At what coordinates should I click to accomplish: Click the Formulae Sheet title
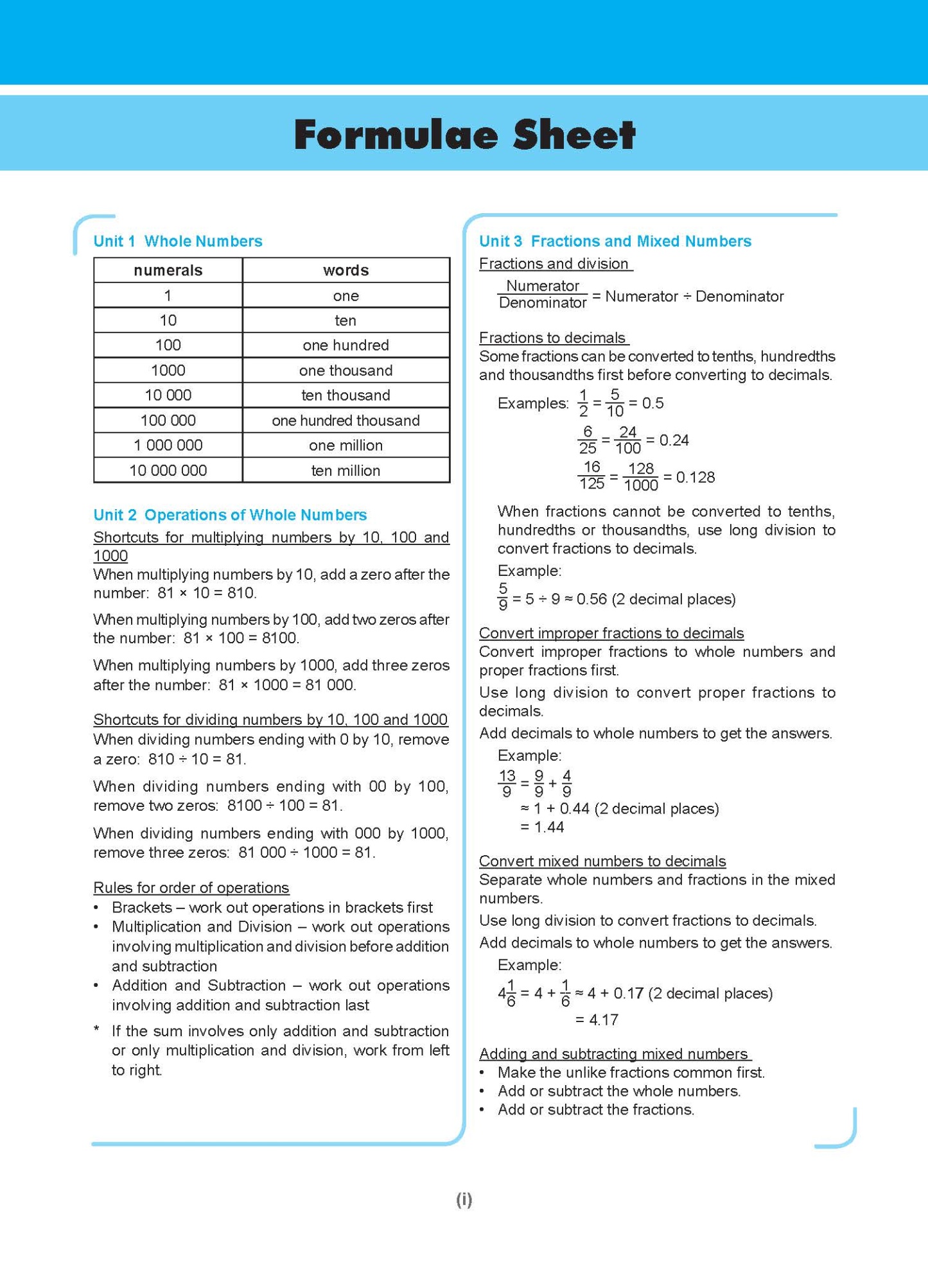(464, 134)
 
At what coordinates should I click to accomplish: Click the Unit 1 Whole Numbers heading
(178, 241)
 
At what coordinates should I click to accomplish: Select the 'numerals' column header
(168, 270)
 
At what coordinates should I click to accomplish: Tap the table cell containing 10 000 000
(168, 471)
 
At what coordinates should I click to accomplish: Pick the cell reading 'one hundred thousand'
(346, 421)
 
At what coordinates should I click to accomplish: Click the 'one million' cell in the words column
(346, 446)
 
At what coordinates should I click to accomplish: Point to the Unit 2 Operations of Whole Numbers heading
(230, 515)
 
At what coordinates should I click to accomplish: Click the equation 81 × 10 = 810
(207, 593)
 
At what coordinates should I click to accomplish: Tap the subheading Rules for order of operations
(191, 888)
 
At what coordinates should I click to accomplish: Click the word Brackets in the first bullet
(142, 908)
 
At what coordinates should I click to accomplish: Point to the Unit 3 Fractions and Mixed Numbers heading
(615, 241)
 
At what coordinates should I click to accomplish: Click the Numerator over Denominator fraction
(543, 295)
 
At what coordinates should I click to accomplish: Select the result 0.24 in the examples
(674, 440)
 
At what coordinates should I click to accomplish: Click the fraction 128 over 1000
(640, 477)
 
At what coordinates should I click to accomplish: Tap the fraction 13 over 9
(507, 784)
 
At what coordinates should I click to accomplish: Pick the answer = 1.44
(542, 828)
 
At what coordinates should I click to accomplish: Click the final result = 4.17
(597, 1020)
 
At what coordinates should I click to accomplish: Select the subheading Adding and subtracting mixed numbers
(613, 1054)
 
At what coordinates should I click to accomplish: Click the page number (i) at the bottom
(464, 1199)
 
